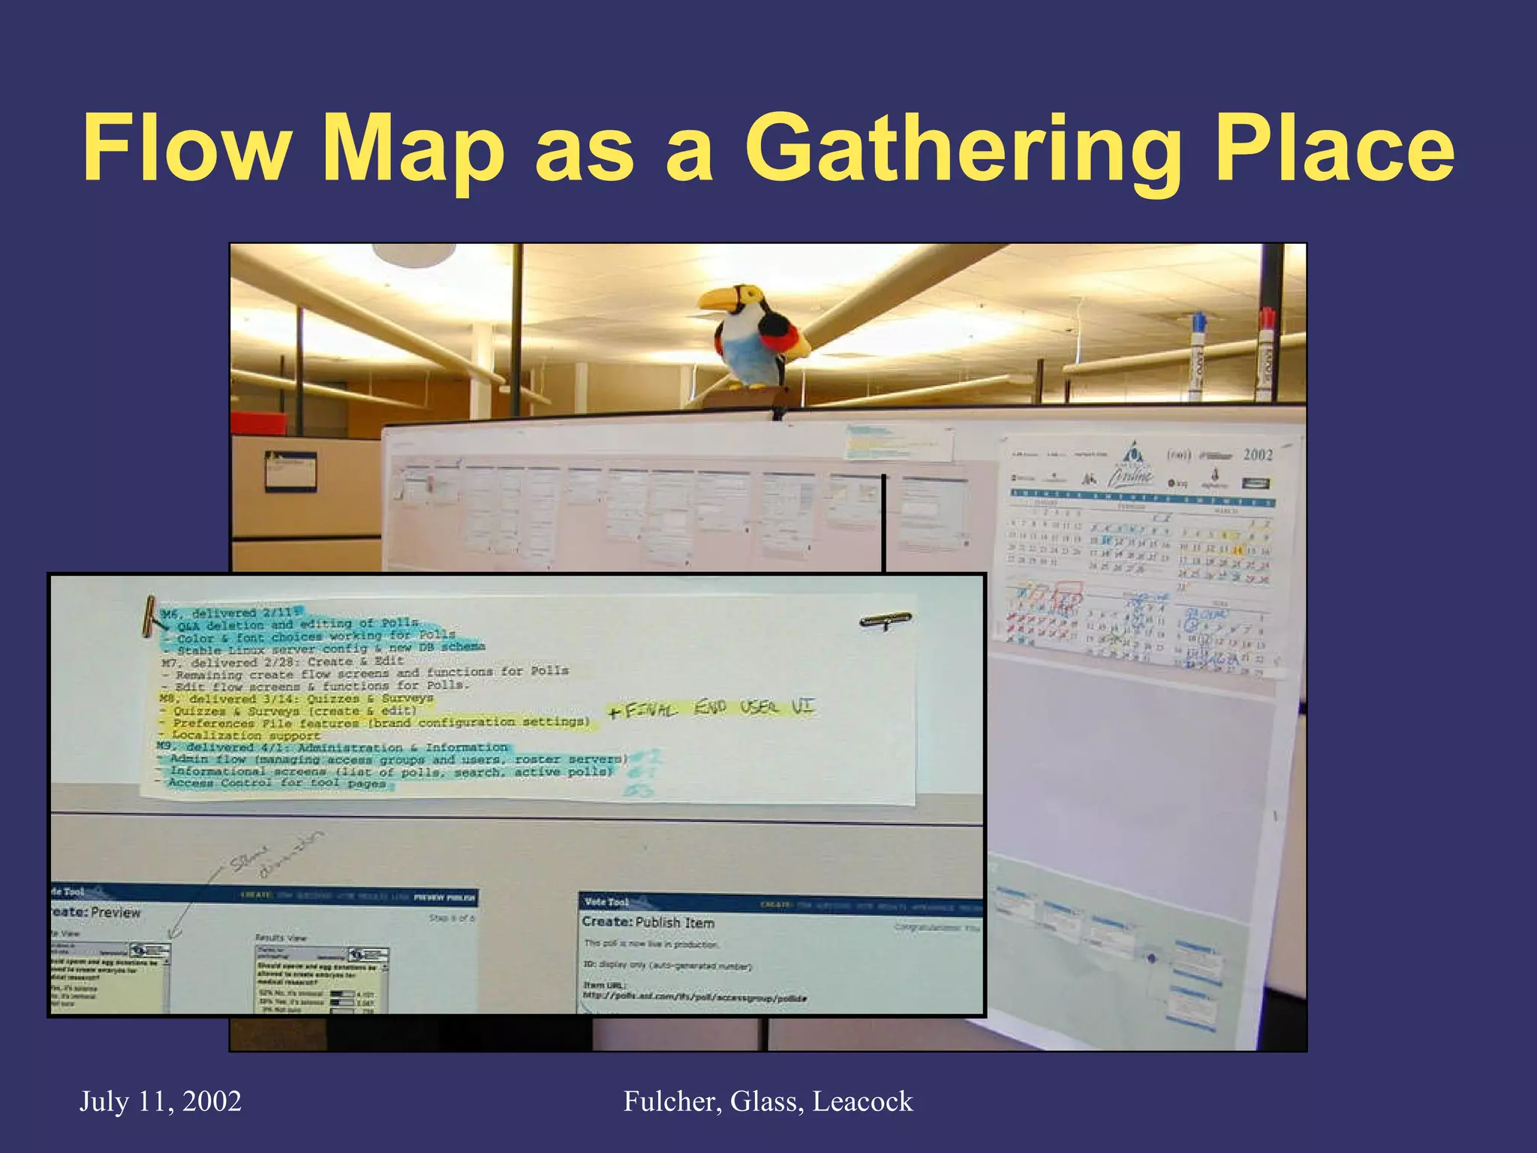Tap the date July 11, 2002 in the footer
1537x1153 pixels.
161,1102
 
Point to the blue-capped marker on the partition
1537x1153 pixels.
1199,353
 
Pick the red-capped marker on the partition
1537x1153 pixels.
1266,353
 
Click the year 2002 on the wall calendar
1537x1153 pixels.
1258,454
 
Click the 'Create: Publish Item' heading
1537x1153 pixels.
648,922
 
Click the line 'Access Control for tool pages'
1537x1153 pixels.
278,783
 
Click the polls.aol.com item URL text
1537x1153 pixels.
695,996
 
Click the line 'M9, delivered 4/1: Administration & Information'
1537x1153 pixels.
334,748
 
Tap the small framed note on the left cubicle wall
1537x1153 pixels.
290,471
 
